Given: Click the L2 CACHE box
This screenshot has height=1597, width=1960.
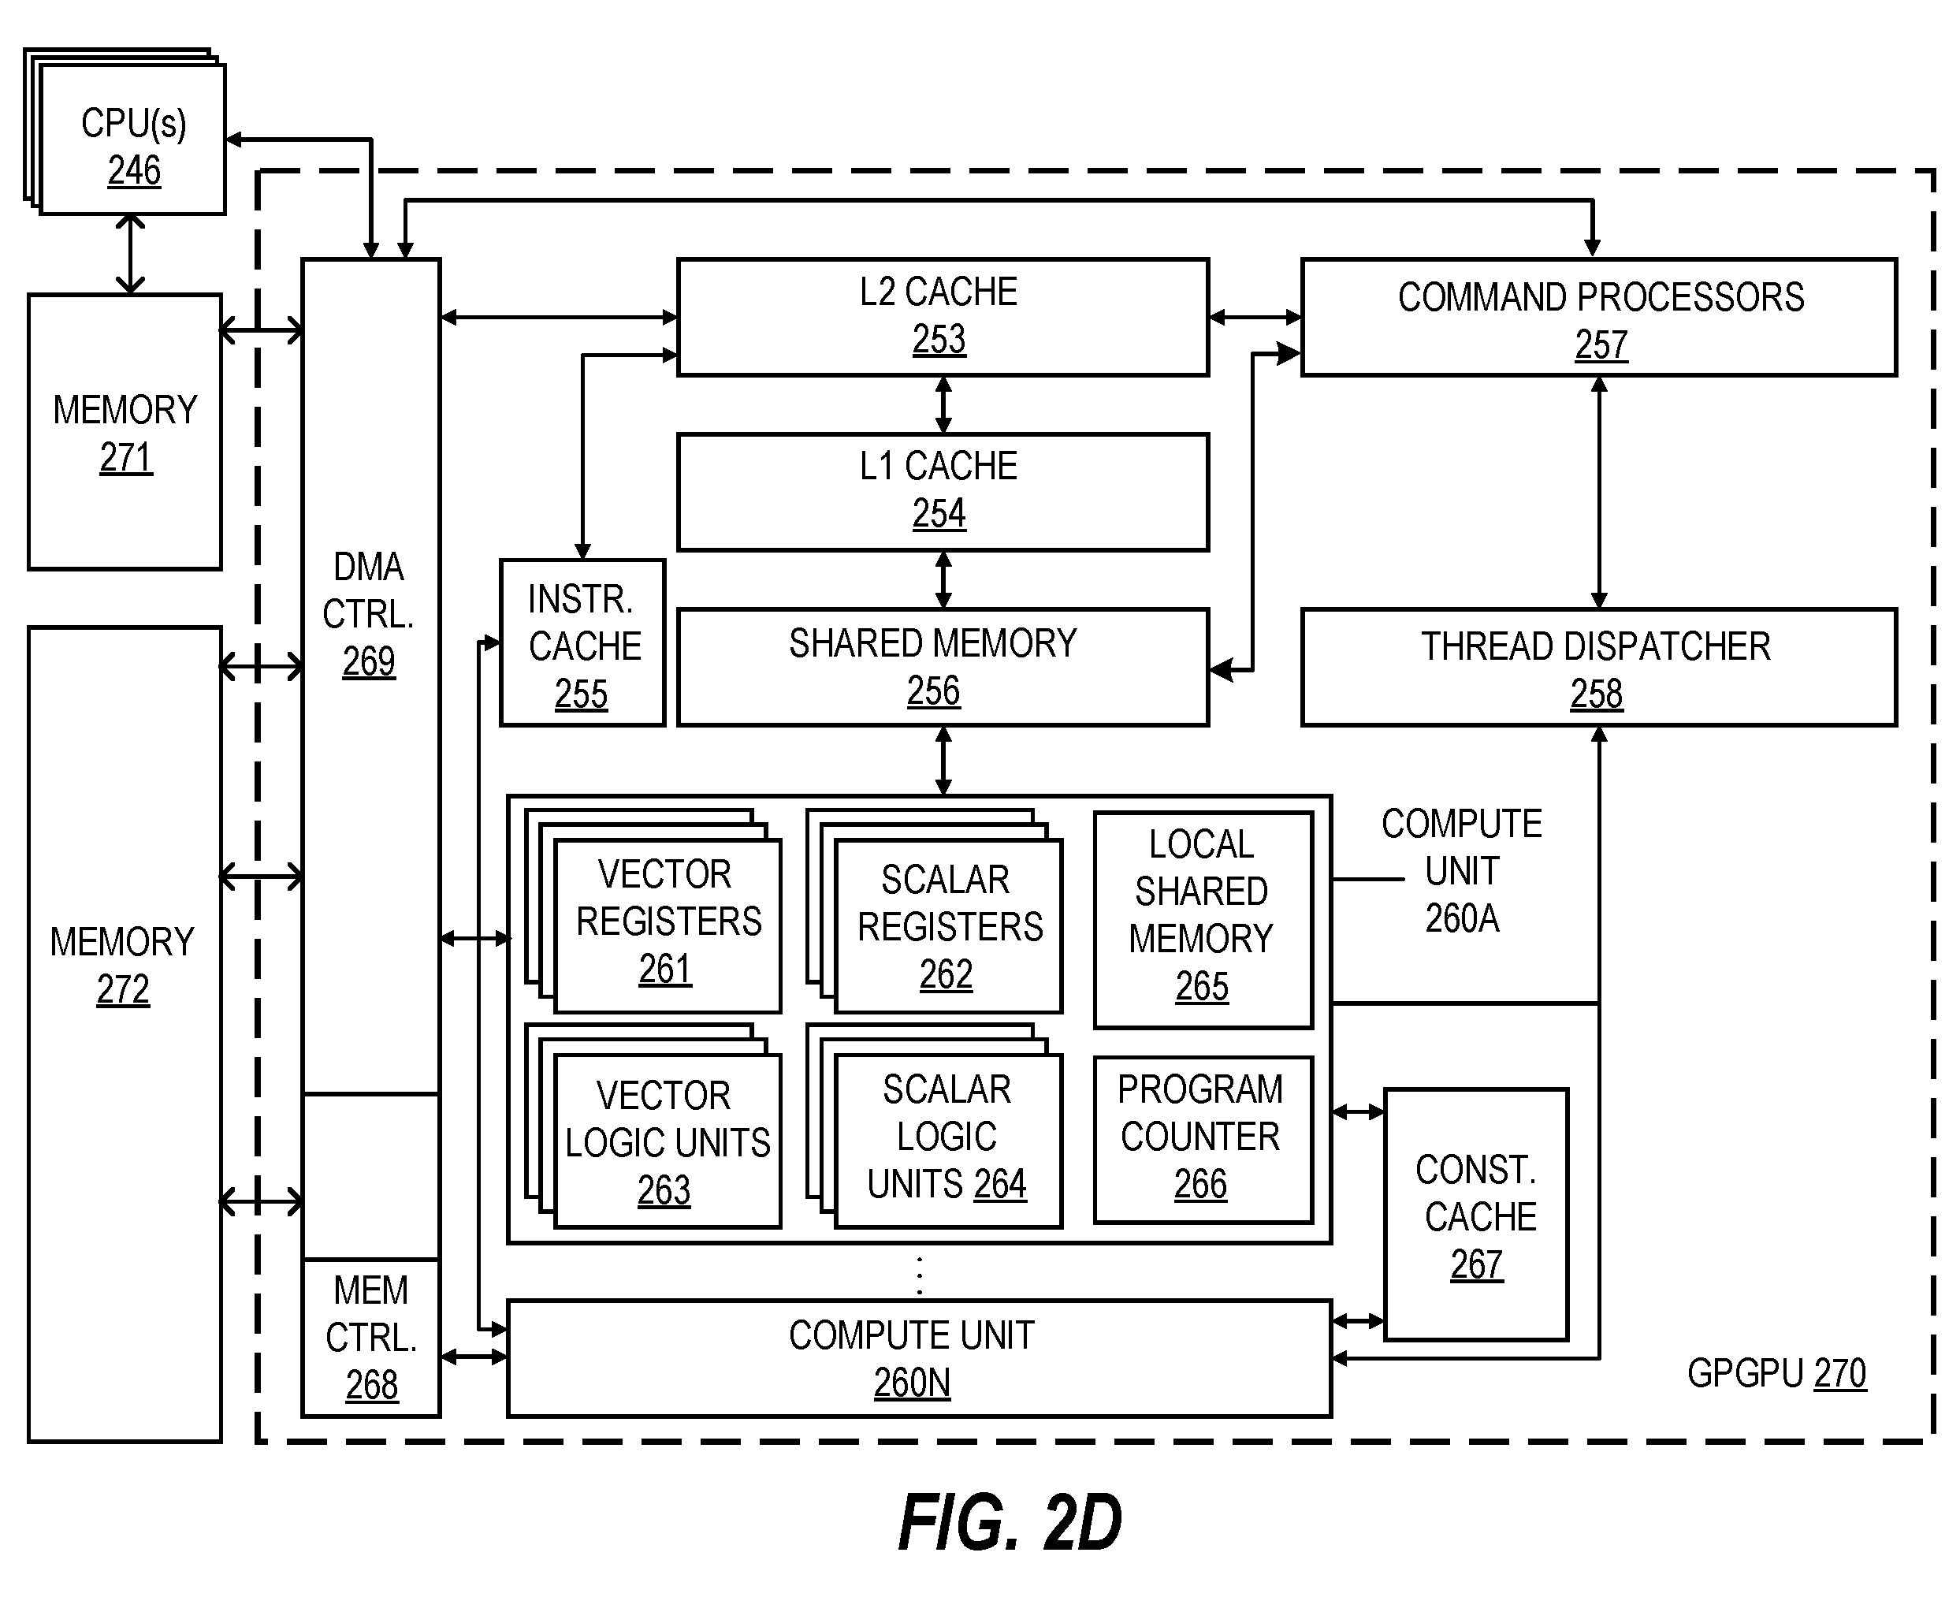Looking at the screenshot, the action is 943,318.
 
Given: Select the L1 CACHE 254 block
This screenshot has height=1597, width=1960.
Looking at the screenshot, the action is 943,492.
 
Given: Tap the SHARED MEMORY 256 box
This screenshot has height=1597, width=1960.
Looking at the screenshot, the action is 943,667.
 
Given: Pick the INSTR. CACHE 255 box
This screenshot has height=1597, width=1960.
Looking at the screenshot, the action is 582,643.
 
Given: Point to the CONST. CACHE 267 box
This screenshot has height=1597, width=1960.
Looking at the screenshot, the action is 1476,1215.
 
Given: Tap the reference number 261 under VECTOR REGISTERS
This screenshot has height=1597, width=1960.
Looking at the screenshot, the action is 665,969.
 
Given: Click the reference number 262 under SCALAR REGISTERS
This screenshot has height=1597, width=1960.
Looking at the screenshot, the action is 947,974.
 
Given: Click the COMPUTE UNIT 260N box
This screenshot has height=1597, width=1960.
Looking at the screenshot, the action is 920,1358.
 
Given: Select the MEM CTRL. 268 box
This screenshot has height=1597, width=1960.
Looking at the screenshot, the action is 371,1338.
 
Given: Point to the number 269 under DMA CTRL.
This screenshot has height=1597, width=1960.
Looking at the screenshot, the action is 369,661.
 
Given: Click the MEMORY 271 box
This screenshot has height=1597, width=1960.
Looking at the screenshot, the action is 125,433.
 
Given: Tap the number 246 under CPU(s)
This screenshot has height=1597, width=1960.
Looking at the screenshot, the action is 134,170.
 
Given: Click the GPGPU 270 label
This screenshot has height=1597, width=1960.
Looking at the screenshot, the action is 1777,1373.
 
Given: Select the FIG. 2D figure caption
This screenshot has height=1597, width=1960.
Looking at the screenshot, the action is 1010,1522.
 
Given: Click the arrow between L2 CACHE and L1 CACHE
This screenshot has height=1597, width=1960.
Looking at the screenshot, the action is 943,405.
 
